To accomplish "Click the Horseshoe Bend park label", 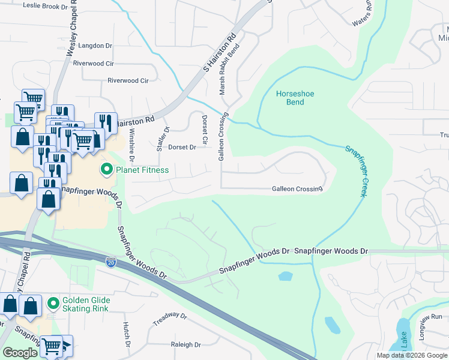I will click(x=295, y=98).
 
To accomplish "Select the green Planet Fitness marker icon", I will click(x=107, y=170).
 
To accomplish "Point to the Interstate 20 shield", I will click(x=110, y=262).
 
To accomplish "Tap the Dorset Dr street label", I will click(x=182, y=147).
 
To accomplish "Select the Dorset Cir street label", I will click(x=205, y=130).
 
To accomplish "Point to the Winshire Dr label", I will click(x=131, y=147).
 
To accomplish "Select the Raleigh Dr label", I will click(x=185, y=345).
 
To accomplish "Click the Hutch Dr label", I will click(x=127, y=335).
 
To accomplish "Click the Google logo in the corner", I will click(x=20, y=353).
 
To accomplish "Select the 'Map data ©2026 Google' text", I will click(x=412, y=355).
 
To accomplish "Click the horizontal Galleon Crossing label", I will click(x=297, y=189).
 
